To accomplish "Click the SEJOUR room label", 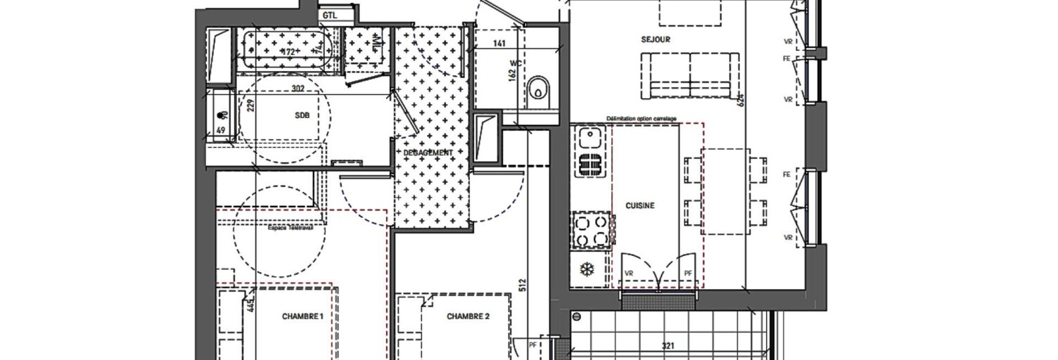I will [x=655, y=40].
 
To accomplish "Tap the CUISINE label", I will [x=640, y=206].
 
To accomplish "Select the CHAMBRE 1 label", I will [x=302, y=317].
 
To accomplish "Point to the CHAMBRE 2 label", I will [x=468, y=316].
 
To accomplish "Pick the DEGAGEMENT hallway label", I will [x=428, y=153].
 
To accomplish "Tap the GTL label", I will [x=329, y=15].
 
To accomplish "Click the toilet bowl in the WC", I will [x=540, y=89].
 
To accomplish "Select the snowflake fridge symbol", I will [x=585, y=269].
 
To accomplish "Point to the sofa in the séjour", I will [x=690, y=76].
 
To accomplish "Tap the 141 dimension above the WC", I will [x=499, y=44].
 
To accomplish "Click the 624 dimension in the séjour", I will [x=739, y=100].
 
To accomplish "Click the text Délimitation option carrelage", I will [x=641, y=119].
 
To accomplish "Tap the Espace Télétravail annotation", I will [x=290, y=228].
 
